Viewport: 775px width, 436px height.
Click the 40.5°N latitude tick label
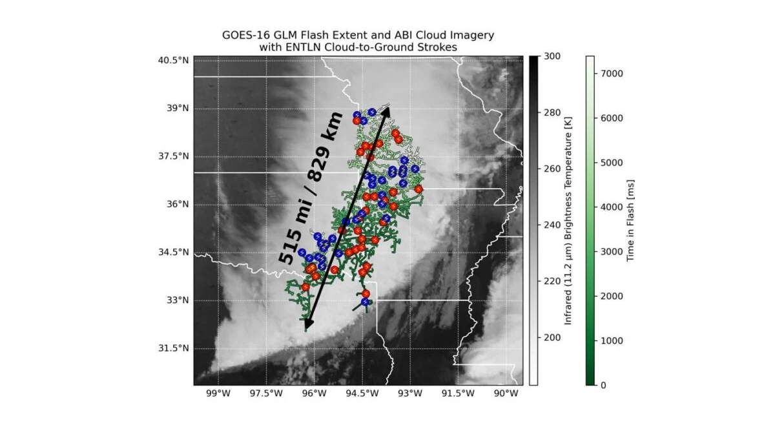[174, 61]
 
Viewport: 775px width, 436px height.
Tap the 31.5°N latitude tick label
[174, 349]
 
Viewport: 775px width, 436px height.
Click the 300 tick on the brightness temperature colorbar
[552, 57]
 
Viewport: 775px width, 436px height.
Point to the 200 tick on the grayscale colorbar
[552, 338]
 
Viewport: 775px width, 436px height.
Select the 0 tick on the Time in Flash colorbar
[603, 385]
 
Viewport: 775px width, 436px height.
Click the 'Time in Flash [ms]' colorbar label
[631, 220]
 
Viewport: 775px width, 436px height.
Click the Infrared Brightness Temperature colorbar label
[569, 220]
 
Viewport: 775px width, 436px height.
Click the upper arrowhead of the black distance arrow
[386, 110]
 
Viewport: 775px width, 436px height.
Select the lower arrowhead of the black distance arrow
[308, 325]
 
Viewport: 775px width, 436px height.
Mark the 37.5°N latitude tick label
[174, 156]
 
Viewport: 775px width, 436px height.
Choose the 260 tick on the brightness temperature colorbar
[552, 169]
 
